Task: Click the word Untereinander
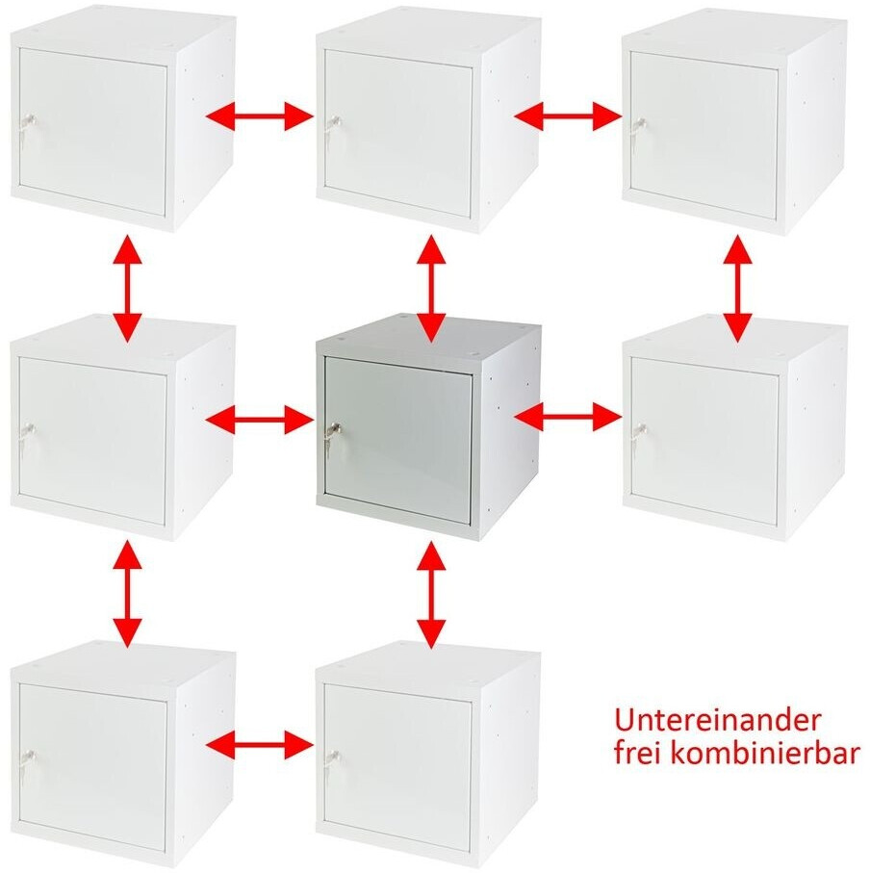(x=717, y=721)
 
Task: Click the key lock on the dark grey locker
(x=333, y=432)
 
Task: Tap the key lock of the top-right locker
(x=638, y=126)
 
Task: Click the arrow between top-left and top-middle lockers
(x=260, y=116)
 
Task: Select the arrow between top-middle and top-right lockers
(x=569, y=116)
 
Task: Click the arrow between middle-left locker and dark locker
(x=260, y=419)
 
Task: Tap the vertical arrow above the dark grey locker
(x=431, y=288)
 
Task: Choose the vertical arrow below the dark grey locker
(x=431, y=595)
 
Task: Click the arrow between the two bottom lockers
(x=260, y=744)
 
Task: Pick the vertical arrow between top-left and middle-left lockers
(x=127, y=288)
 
